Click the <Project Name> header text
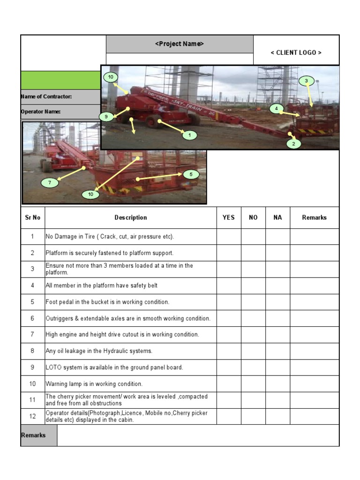click(180, 44)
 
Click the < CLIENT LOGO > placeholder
click(296, 52)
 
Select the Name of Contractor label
click(46, 97)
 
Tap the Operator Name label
click(41, 112)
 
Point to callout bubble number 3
click(306, 81)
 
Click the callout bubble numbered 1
click(189, 135)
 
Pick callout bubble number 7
click(49, 182)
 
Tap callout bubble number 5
click(191, 174)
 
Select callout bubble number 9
click(106, 116)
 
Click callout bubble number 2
click(293, 144)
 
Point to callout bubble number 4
click(277, 109)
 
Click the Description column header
click(131, 217)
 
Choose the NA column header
click(277, 217)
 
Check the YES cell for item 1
click(229, 237)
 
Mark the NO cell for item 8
click(253, 351)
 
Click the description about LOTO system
click(114, 367)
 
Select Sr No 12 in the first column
click(32, 417)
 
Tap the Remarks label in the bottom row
click(34, 435)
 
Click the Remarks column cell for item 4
click(314, 286)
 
